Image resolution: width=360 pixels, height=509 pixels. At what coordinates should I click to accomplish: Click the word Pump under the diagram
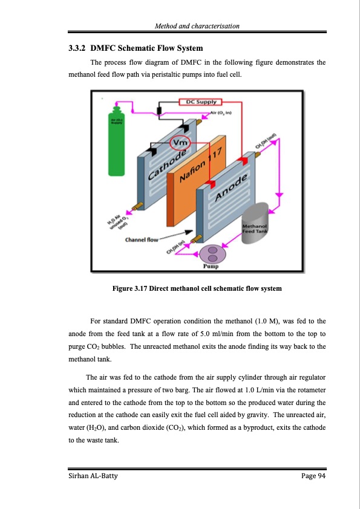pos(211,266)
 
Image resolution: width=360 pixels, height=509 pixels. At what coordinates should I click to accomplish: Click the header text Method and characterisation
pos(197,26)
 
